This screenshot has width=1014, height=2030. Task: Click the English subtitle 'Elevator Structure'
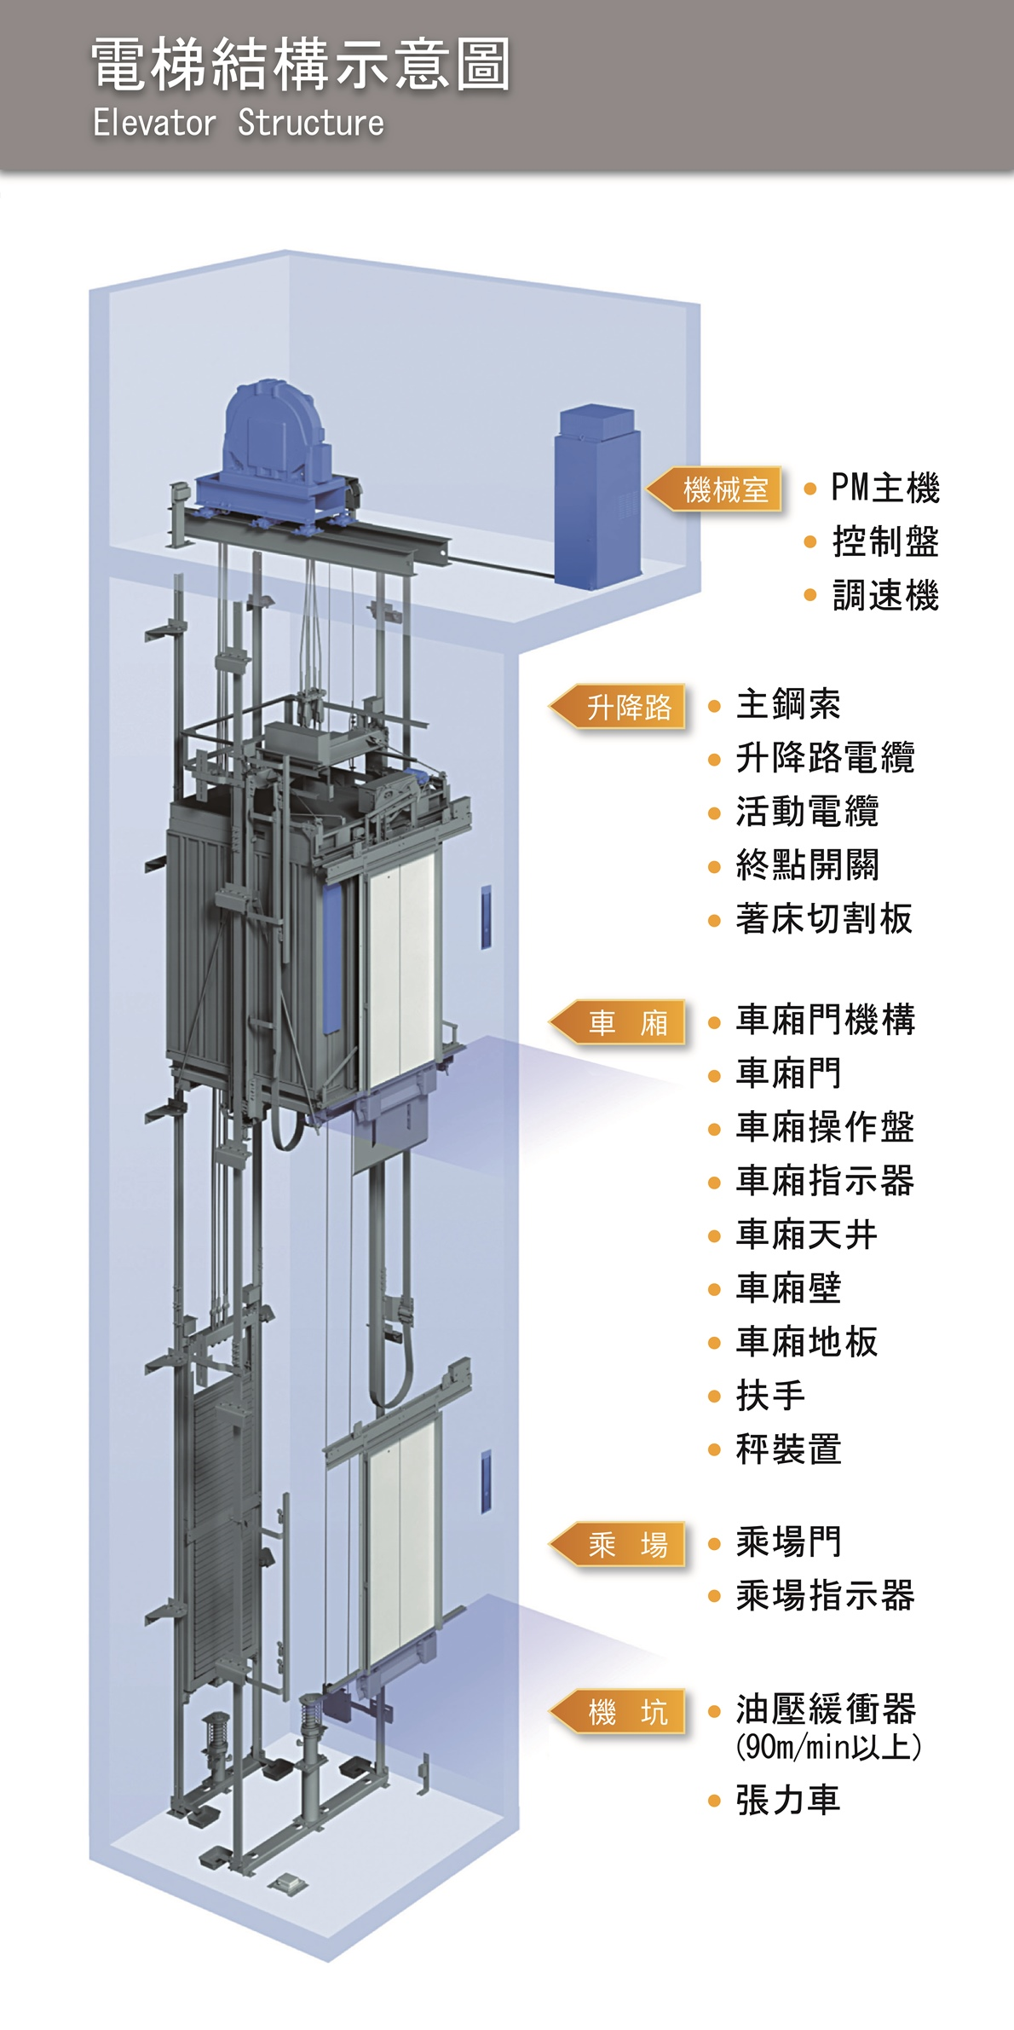point(239,123)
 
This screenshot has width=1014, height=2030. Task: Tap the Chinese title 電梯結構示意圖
point(301,64)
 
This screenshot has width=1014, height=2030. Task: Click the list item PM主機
point(884,489)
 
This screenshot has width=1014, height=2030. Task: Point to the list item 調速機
point(884,595)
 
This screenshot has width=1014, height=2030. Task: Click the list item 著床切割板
point(824,919)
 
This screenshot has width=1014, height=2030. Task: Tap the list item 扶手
point(770,1396)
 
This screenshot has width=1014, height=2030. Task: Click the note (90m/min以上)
point(828,1747)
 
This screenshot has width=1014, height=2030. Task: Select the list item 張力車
point(788,1800)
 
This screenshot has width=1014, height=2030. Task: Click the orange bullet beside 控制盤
point(810,542)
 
